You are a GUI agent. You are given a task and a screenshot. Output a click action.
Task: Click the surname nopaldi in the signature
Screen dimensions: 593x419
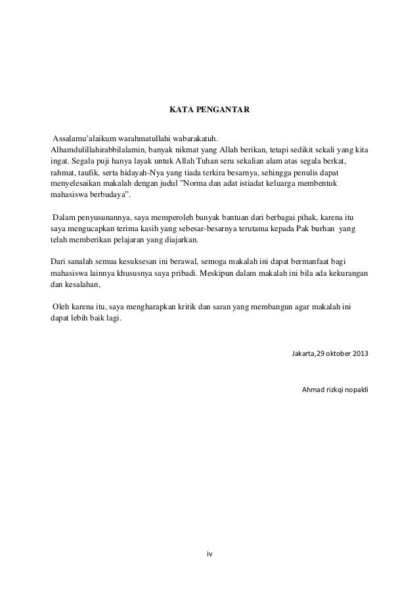[x=355, y=390]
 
